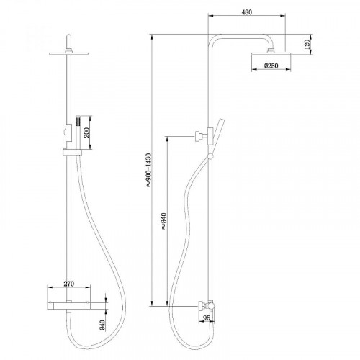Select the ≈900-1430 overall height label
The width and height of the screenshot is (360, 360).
click(x=148, y=172)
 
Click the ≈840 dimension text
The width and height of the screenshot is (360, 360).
click(x=164, y=222)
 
